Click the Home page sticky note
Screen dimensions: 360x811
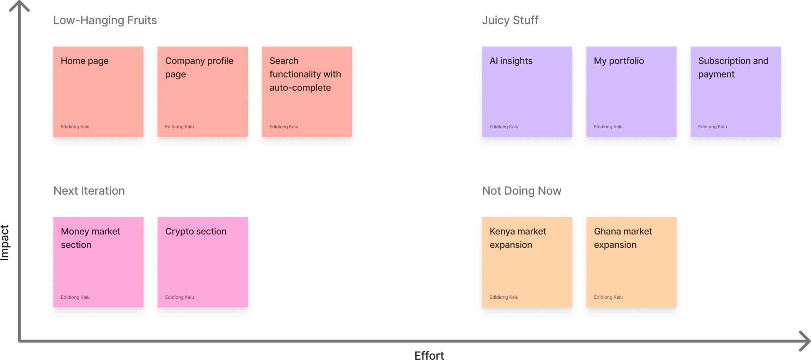(x=98, y=91)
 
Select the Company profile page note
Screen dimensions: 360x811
(x=202, y=91)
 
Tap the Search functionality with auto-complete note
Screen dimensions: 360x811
(x=307, y=91)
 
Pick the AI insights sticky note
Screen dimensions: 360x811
(x=527, y=91)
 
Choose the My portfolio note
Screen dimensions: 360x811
(x=631, y=91)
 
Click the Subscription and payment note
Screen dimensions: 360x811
(x=736, y=91)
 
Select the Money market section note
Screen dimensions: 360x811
(x=98, y=262)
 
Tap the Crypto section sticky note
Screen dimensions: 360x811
(x=203, y=262)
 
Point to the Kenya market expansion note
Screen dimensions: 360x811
(x=527, y=262)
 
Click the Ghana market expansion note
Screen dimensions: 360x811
(x=632, y=262)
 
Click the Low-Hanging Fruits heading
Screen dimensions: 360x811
(x=105, y=20)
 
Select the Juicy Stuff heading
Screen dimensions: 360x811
(x=510, y=20)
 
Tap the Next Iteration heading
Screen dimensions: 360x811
(x=89, y=191)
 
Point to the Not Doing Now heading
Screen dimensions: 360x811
(x=522, y=191)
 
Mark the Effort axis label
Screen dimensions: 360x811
(x=429, y=355)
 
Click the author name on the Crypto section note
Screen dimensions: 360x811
(x=179, y=297)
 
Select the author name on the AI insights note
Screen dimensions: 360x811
(x=504, y=127)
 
